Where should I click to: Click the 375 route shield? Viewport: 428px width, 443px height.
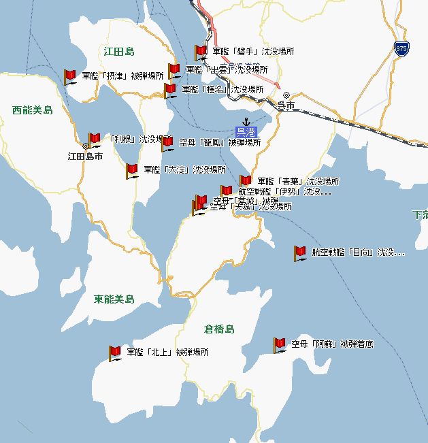click(x=401, y=48)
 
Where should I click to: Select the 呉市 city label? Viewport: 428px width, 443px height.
click(x=286, y=105)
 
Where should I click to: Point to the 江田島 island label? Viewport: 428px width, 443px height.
click(x=120, y=52)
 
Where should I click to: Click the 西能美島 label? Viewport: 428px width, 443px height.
click(x=33, y=110)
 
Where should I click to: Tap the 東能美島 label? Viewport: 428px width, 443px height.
click(x=114, y=299)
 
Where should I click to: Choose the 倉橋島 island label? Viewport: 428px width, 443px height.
click(x=219, y=329)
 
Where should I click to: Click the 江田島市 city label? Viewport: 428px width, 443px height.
click(x=85, y=156)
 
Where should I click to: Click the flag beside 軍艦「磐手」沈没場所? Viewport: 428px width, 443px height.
click(x=200, y=52)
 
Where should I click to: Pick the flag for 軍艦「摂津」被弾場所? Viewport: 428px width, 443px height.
click(x=69, y=77)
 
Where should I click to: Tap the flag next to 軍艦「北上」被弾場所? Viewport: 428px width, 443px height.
click(x=114, y=353)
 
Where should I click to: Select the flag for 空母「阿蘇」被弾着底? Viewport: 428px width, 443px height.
click(x=279, y=345)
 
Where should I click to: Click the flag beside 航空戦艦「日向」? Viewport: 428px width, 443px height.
click(x=299, y=253)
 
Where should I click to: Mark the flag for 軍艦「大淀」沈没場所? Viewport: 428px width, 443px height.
click(x=131, y=171)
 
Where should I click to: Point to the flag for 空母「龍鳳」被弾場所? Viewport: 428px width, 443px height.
click(x=167, y=144)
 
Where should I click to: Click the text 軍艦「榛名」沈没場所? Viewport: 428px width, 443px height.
click(x=223, y=89)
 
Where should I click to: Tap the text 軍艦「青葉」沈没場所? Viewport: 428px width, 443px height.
click(x=298, y=182)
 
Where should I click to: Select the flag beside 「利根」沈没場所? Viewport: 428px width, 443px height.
click(x=95, y=140)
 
